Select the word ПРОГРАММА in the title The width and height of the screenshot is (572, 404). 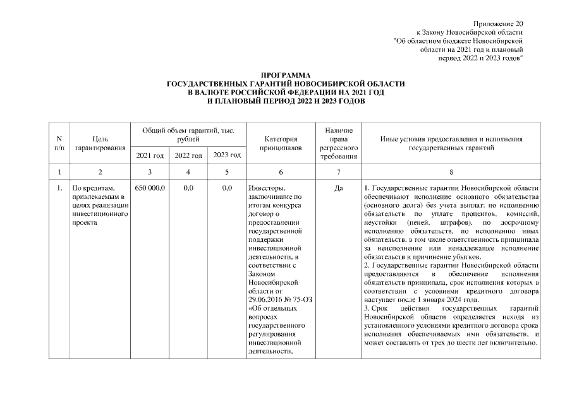(286, 76)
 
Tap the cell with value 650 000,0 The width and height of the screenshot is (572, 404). (149, 188)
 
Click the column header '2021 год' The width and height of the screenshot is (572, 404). (150, 155)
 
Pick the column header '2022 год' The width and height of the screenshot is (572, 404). (188, 155)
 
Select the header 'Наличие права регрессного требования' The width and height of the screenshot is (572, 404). (338, 143)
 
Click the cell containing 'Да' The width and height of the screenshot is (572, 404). (338, 188)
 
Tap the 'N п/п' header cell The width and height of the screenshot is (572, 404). (59, 143)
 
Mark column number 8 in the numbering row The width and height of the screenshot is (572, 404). (451, 172)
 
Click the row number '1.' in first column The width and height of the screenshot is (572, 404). (58, 188)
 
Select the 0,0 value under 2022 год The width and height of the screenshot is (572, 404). (188, 188)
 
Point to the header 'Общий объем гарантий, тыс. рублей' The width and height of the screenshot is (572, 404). (188, 134)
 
